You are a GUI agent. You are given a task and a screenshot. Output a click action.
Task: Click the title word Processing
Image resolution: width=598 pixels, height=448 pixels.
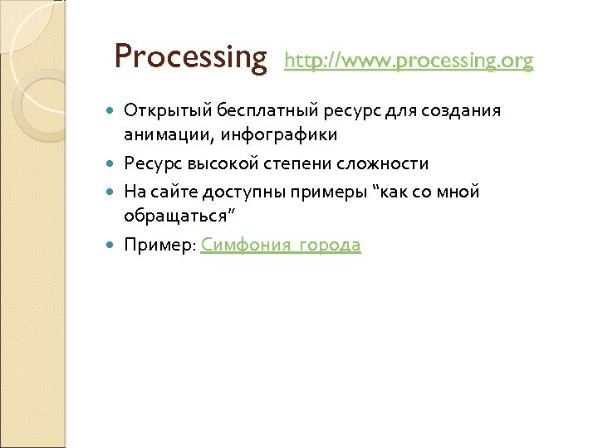pyautogui.click(x=191, y=57)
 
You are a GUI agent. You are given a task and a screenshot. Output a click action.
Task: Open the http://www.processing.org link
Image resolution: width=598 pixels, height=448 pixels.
pyautogui.click(x=409, y=61)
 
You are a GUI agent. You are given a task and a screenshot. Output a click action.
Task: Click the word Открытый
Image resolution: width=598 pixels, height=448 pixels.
pyautogui.click(x=168, y=111)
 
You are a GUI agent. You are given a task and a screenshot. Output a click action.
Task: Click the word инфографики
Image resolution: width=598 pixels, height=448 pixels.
pyautogui.click(x=276, y=134)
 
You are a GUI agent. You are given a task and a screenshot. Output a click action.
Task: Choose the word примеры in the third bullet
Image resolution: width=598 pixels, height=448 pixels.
pyautogui.click(x=332, y=192)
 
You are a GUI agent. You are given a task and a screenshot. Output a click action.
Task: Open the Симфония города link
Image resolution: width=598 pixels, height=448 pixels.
pyautogui.click(x=281, y=245)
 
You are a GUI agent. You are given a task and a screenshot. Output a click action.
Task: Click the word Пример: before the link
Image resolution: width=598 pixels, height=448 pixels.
pyautogui.click(x=159, y=245)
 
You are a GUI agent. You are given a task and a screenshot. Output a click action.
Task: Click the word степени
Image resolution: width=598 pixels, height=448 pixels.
pyautogui.click(x=308, y=163)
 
